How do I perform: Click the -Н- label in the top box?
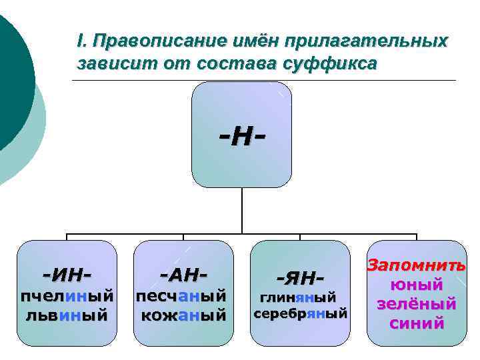coord(241,138)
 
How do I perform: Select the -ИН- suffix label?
coord(66,273)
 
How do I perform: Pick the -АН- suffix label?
coord(183,273)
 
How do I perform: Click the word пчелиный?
coord(66,295)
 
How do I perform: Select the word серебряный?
coord(301,313)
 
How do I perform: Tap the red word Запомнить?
coord(417,265)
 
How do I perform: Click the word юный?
coord(417,285)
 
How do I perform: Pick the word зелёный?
coord(417,305)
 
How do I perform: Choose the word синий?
coord(417,324)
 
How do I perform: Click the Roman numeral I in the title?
coord(80,41)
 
